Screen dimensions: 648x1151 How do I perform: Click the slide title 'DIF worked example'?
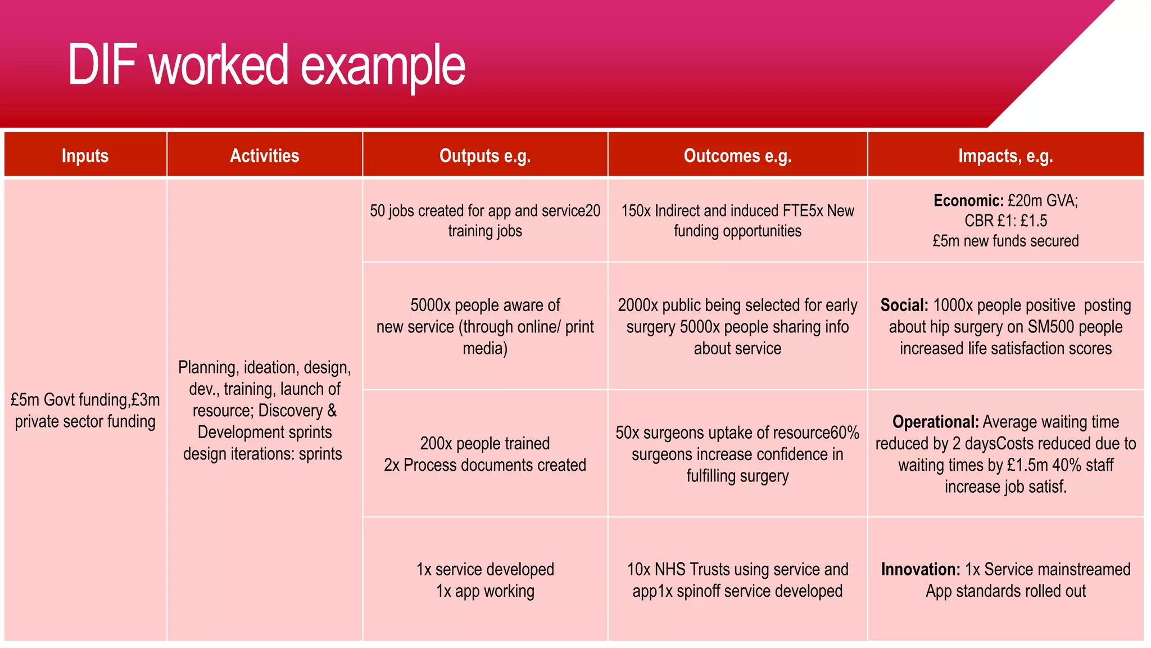click(266, 65)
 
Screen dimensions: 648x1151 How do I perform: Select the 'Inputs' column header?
click(85, 155)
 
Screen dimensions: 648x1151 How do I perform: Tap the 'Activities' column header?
click(264, 155)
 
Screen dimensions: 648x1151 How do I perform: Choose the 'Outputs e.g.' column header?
click(484, 155)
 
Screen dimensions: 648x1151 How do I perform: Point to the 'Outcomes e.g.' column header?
click(737, 155)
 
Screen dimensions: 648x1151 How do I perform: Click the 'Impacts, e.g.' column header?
click(1005, 155)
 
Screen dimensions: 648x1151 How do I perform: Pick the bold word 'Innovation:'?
click(921, 569)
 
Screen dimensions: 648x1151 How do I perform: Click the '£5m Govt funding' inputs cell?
click(85, 410)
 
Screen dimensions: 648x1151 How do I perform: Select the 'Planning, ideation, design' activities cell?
click(264, 410)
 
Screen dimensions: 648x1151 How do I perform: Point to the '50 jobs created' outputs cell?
click(484, 220)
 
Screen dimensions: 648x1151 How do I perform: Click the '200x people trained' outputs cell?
click(484, 454)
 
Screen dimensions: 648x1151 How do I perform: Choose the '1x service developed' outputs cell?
click(484, 580)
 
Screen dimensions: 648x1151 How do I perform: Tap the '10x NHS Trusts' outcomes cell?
click(737, 580)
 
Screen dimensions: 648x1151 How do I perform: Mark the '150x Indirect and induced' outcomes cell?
click(737, 220)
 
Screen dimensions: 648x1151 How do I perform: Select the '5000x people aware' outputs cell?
click(484, 327)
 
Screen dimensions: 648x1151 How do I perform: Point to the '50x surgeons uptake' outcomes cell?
click(737, 454)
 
